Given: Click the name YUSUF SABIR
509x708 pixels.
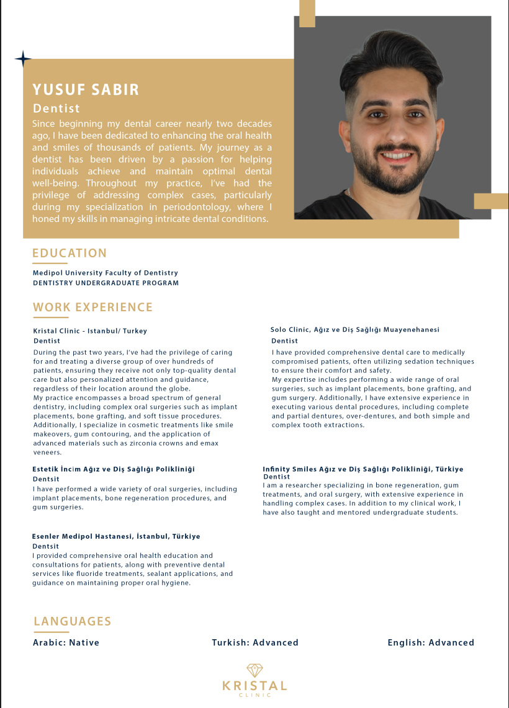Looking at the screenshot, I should coord(86,90).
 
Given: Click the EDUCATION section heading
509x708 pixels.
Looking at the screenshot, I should coord(70,253).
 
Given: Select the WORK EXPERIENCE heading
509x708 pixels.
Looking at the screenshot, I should coord(92,307).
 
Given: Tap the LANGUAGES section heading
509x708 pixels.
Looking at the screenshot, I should coord(72,621).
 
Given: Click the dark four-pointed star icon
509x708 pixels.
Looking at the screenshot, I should coord(23,59).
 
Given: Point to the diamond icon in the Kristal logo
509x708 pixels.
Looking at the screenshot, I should coord(254,670).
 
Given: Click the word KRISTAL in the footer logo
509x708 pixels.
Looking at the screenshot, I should coord(254,686).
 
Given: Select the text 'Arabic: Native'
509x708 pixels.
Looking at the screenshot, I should coord(66,643).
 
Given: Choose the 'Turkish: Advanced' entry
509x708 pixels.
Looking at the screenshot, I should coord(254,643).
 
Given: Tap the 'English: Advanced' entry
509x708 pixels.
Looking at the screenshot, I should coord(431,643).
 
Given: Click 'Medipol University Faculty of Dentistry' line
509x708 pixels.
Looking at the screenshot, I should coord(105,273).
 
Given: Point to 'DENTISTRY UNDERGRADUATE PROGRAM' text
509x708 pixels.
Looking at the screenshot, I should coord(106,283).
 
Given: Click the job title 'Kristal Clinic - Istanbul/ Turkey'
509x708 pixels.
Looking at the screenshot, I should coord(90,331).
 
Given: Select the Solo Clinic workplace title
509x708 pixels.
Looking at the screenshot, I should coord(355,330).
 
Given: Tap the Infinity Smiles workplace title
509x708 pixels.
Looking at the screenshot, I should coord(363,469).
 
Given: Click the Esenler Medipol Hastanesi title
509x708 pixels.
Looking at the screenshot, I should coord(116,536).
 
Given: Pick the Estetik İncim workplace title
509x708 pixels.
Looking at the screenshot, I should coord(114,469).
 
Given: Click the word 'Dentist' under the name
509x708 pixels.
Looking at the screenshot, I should coord(56,108).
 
